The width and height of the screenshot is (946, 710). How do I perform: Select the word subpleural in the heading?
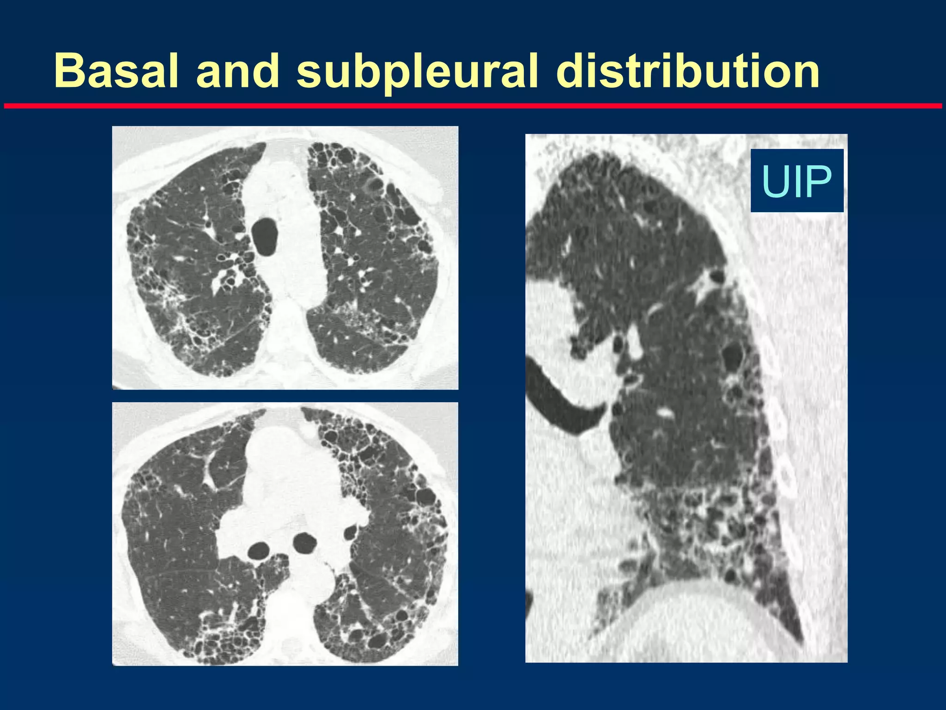point(417,72)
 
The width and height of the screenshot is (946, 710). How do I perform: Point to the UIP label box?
point(796,181)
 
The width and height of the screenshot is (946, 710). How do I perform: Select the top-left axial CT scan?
point(285,257)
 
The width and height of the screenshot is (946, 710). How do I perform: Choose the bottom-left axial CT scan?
point(285,533)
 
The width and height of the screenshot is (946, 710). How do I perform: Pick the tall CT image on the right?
point(686,398)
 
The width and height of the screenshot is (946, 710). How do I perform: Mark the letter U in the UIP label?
point(774,181)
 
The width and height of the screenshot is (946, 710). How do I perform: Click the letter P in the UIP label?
point(820,181)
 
